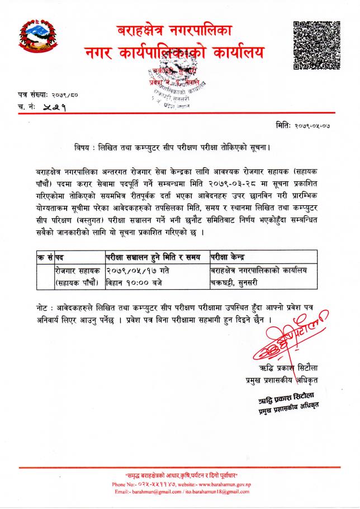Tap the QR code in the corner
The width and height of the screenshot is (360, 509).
(x=316, y=44)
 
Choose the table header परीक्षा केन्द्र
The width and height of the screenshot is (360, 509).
(x=230, y=257)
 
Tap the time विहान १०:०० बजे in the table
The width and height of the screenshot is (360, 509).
(x=134, y=282)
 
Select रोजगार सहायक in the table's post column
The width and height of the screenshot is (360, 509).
(x=77, y=270)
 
